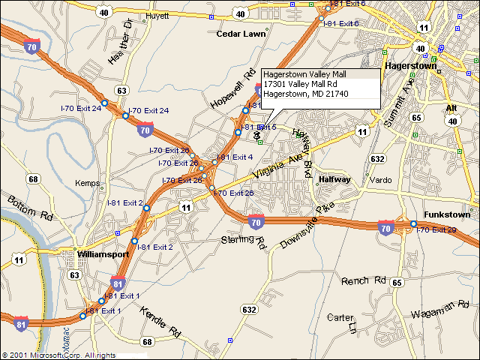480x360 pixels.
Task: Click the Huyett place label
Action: coord(158,14)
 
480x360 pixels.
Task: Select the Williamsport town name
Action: coord(103,254)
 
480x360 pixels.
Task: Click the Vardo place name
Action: coord(380,180)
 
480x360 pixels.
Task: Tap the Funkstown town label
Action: coord(446,214)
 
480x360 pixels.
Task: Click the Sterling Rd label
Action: coord(244,241)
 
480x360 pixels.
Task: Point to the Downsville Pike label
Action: coord(305,227)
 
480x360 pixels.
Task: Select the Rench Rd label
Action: coord(364,280)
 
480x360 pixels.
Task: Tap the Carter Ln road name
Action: coord(341,321)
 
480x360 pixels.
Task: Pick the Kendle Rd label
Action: coord(160,322)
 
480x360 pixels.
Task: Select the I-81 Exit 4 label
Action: coord(236,157)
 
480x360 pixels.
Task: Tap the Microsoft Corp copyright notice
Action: coord(58,355)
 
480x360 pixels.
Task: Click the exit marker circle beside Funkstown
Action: coord(413,223)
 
